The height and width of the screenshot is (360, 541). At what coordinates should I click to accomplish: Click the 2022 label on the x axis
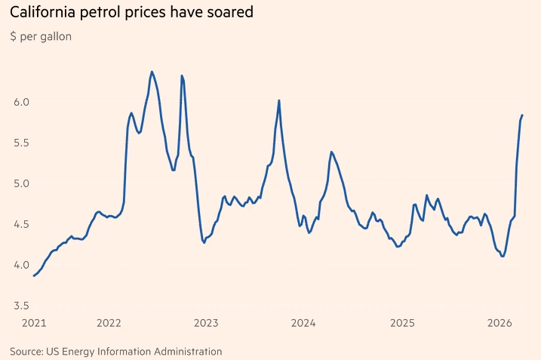click(x=109, y=324)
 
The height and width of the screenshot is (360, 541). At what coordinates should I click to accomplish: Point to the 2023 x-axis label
click(x=206, y=324)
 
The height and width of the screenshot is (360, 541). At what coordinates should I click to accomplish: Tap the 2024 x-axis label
click(x=303, y=324)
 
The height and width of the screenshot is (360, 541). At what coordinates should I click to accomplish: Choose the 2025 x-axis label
click(x=401, y=324)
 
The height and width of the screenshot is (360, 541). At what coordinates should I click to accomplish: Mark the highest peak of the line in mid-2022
click(x=152, y=72)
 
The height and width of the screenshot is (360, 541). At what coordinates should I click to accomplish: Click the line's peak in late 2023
click(x=279, y=100)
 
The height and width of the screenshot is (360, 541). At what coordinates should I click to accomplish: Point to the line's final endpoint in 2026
click(x=522, y=115)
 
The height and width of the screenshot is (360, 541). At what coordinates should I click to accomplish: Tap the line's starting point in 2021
click(x=34, y=276)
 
